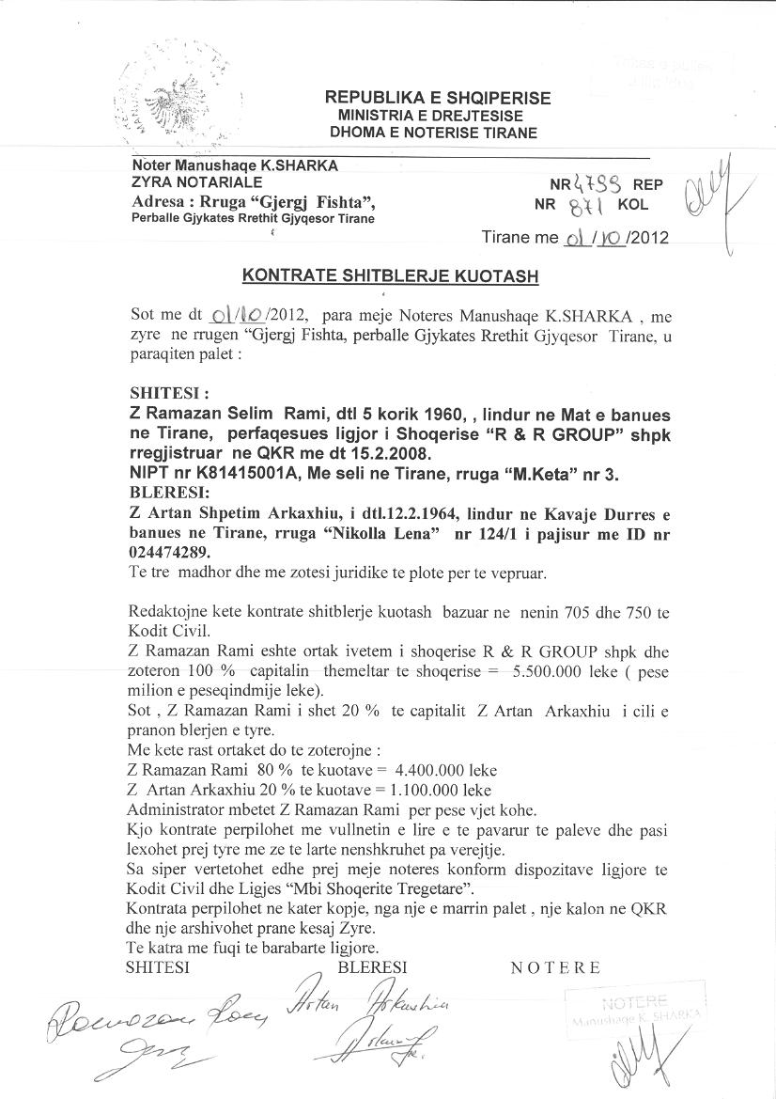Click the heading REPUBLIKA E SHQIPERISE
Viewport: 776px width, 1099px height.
[438, 98]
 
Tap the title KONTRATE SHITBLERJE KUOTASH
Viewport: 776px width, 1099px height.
[391, 275]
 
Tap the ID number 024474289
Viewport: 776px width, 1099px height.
[169, 554]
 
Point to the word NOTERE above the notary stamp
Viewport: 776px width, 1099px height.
[555, 968]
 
